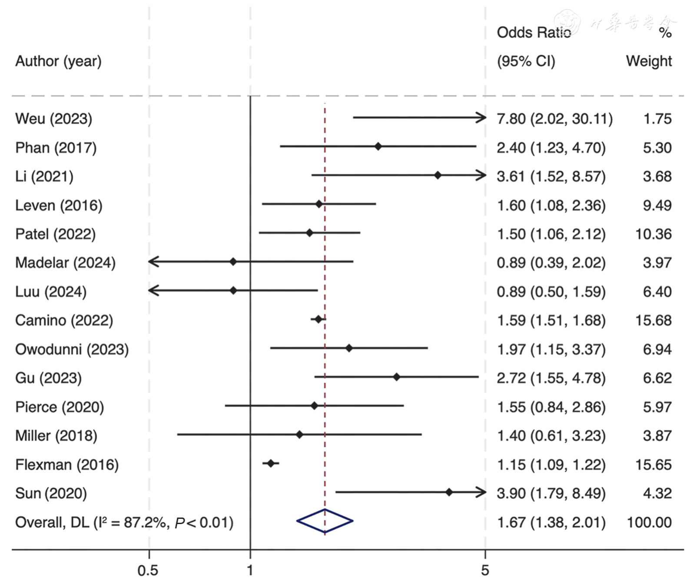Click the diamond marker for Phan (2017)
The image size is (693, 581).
(x=378, y=146)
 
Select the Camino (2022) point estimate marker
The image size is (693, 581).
(x=318, y=319)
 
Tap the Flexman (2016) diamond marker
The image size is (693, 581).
(x=271, y=464)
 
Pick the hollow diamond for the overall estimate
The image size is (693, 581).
(x=325, y=521)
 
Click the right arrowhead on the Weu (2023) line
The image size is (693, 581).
(x=481, y=117)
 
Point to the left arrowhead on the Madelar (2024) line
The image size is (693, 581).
(x=153, y=262)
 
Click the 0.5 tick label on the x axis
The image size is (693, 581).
(x=148, y=570)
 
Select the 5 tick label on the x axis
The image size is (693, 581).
(x=485, y=570)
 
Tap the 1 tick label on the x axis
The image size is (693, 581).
(x=250, y=570)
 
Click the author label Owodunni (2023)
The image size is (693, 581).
(x=72, y=349)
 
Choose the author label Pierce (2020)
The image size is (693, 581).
(x=60, y=407)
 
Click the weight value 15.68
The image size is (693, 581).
(x=653, y=321)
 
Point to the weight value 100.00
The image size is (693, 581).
(x=649, y=522)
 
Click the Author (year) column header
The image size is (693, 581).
(x=58, y=61)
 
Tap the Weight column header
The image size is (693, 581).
(x=649, y=61)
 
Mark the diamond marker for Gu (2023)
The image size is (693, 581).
(x=396, y=377)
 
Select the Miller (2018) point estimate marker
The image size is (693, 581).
(x=299, y=434)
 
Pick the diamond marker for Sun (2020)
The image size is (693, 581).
(x=449, y=492)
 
